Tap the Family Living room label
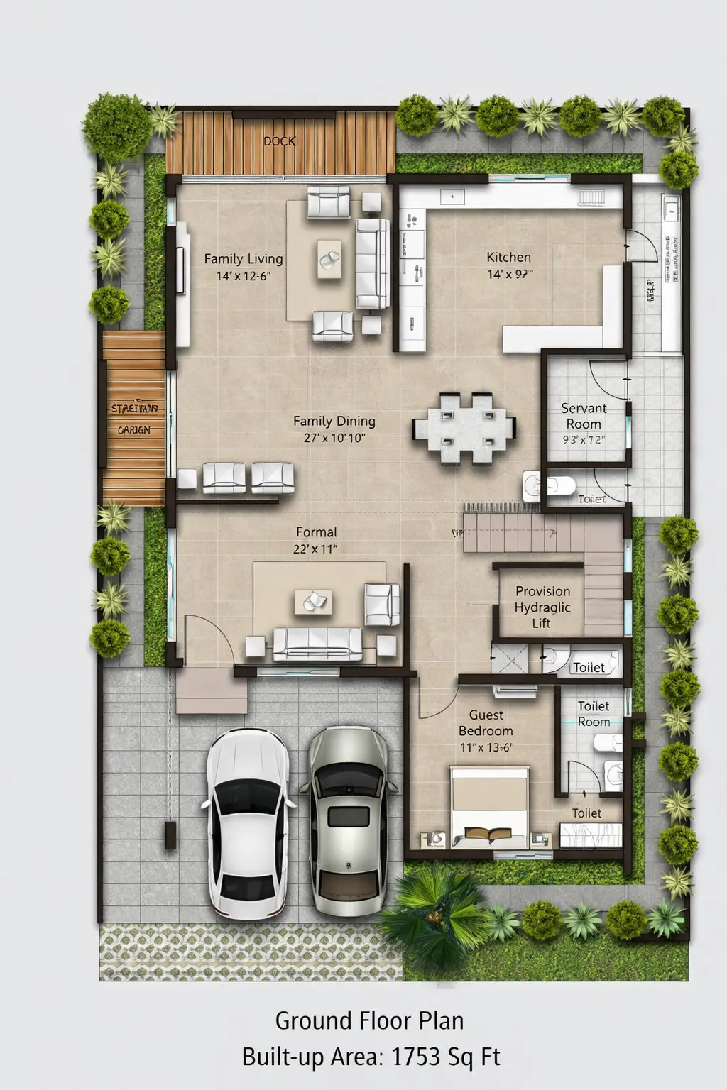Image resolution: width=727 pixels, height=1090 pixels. (x=244, y=259)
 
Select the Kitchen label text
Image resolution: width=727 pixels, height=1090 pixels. (x=508, y=257)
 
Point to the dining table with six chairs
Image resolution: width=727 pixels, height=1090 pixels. (x=464, y=428)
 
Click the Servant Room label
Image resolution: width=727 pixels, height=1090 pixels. (x=584, y=416)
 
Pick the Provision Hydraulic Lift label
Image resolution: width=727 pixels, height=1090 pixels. (x=542, y=607)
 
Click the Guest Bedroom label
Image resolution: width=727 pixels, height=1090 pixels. (x=486, y=722)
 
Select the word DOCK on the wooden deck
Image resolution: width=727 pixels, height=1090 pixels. (x=280, y=141)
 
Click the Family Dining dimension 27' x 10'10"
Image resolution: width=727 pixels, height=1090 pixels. (x=334, y=438)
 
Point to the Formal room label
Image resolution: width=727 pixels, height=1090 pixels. (x=316, y=532)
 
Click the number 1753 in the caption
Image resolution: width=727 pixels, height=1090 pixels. (x=416, y=1057)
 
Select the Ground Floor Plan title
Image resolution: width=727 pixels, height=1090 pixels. (x=369, y=1021)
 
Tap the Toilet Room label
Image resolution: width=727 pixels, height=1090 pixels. (x=594, y=714)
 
